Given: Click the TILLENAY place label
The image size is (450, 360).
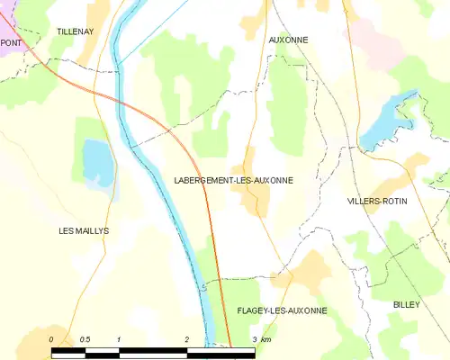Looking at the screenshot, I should (x=75, y=31).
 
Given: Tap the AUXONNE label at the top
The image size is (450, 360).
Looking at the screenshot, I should (x=288, y=40).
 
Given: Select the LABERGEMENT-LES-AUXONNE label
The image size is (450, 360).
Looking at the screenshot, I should (x=233, y=180).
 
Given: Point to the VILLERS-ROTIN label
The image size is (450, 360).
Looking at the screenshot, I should (x=377, y=201).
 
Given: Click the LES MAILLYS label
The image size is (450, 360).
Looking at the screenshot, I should (x=84, y=231).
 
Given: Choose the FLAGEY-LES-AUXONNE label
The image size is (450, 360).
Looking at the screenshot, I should (x=282, y=310).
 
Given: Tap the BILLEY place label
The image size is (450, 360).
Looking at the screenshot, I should (x=406, y=305).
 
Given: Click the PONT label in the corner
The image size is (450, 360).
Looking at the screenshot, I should (x=11, y=42).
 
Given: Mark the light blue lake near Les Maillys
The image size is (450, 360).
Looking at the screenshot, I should (x=94, y=160).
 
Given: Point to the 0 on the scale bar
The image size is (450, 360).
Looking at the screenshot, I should (x=51, y=339).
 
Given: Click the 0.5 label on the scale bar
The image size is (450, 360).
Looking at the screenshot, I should (x=85, y=339).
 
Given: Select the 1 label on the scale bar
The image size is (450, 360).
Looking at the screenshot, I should (x=119, y=339).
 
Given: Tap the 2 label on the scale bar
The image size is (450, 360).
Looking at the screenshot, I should (x=186, y=339).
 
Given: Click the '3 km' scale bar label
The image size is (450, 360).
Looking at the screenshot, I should (x=261, y=339).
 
